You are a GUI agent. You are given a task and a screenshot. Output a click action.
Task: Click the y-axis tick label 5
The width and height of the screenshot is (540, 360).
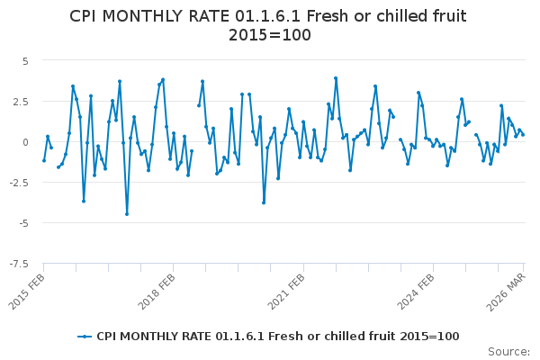click(x=25, y=61)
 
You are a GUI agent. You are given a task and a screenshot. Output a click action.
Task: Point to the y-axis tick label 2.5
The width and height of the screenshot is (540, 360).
click(x=21, y=102)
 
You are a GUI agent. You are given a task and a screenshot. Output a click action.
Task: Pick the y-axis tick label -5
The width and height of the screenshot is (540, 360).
click(x=22, y=223)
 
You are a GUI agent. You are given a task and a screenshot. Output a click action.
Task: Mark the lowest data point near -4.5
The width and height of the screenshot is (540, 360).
click(x=127, y=214)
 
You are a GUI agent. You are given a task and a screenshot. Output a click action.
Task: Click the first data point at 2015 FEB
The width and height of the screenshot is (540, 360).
click(x=44, y=160)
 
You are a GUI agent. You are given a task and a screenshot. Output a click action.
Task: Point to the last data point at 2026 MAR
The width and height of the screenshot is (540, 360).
click(x=523, y=135)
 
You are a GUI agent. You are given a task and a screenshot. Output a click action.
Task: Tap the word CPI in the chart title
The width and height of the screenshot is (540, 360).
click(x=85, y=16)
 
